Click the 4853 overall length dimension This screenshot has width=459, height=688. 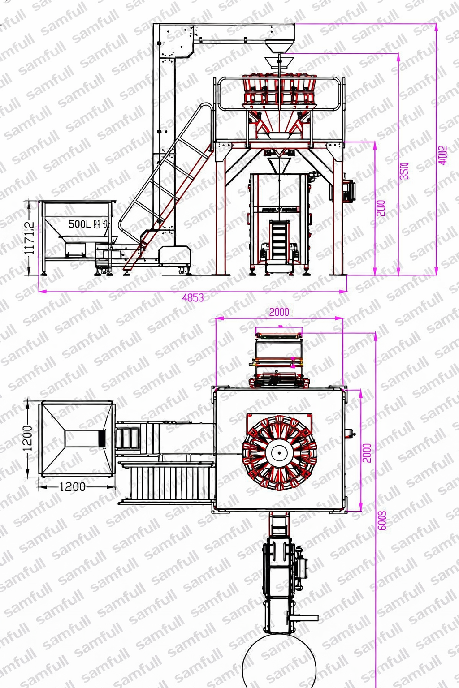[x=193, y=297]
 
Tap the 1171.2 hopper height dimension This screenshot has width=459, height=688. [x=30, y=238]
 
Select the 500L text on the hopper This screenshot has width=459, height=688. [x=79, y=224]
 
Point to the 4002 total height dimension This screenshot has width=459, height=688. [x=442, y=155]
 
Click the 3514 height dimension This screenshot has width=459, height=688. [x=404, y=171]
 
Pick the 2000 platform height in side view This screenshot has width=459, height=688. [x=381, y=208]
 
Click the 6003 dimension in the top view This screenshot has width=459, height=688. [x=382, y=520]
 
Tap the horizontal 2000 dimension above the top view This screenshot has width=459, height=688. [x=279, y=312]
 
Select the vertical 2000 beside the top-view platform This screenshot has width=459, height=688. [x=367, y=453]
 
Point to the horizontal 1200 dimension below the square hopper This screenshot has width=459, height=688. [x=72, y=486]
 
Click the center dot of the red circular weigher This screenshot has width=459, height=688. [x=279, y=453]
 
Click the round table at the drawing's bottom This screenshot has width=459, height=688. [x=278, y=663]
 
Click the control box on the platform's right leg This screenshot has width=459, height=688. [x=348, y=189]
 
